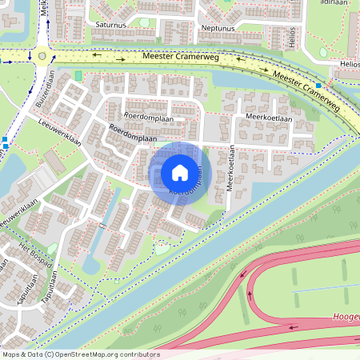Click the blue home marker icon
tap(180, 172)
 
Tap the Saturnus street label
tap(111, 26)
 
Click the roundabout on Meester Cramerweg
tap(42, 55)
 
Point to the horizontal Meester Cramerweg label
tap(182, 58)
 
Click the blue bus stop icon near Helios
tap(318, 85)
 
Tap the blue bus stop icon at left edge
tap(5, 142)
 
